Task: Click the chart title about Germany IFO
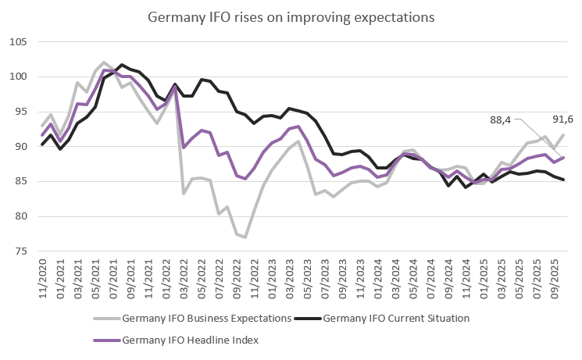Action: pos(290,16)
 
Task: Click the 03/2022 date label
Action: pos(183,277)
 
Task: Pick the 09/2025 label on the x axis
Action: pos(552,277)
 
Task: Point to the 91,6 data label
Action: pos(562,120)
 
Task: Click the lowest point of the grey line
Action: pos(245,237)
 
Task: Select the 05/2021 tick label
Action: pos(95,277)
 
